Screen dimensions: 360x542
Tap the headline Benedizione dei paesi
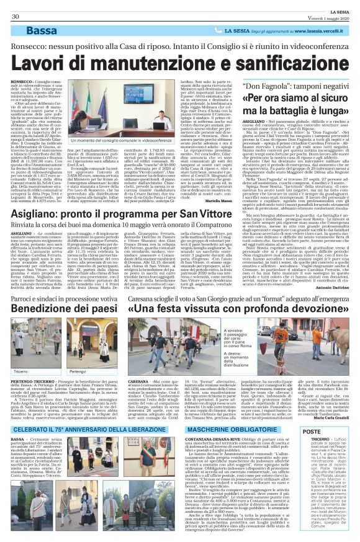coord(66,309)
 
